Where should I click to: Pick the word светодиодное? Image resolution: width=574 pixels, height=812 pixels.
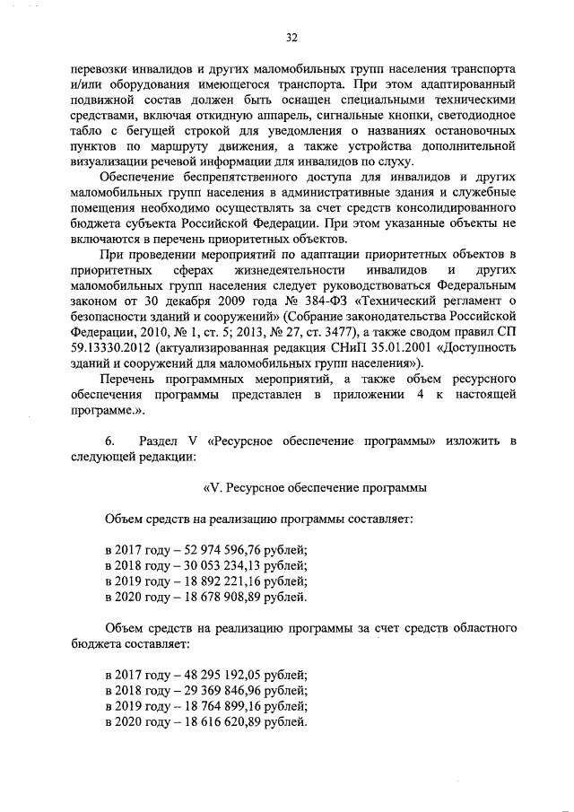(472, 116)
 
